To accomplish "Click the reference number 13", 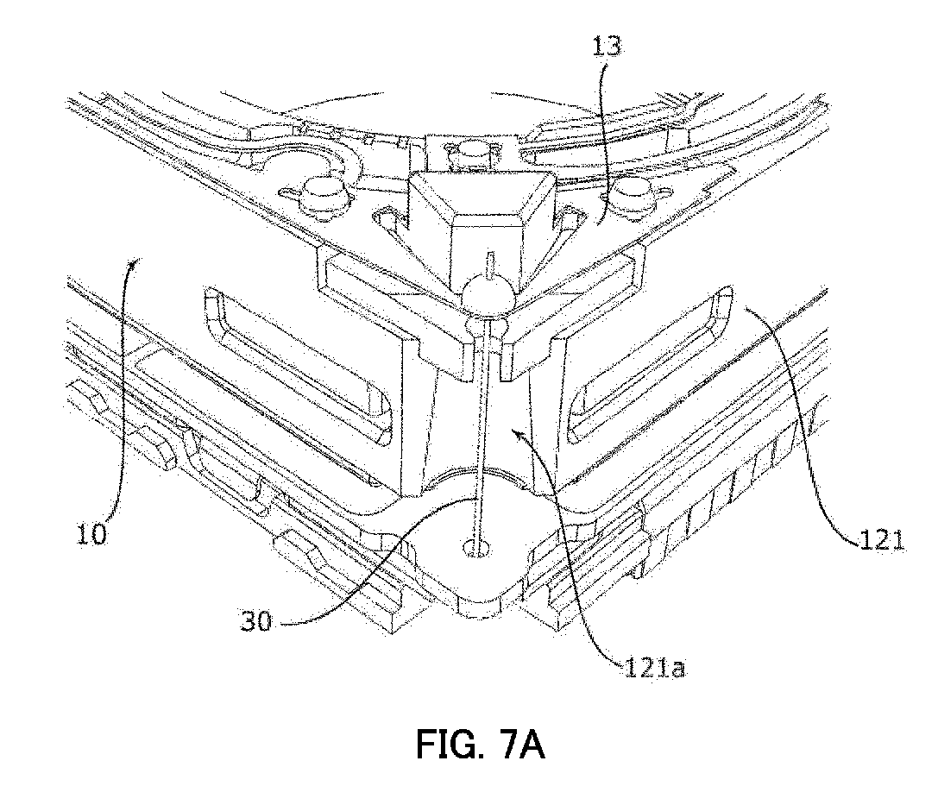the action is click(x=607, y=46).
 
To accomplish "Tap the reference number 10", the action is click(x=91, y=533).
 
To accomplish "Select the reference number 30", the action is click(x=256, y=622).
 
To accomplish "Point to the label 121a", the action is click(x=654, y=668).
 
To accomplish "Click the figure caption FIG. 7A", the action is click(x=481, y=745).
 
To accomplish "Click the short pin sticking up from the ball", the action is click(x=490, y=266).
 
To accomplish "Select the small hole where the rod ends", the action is click(x=476, y=547).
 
